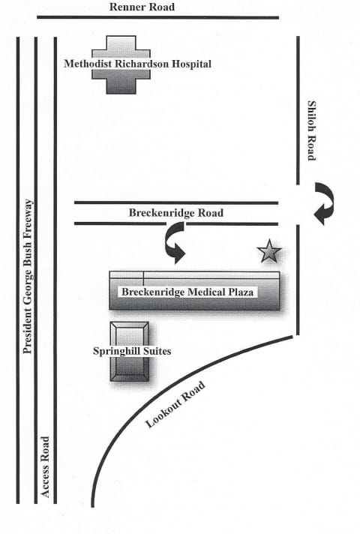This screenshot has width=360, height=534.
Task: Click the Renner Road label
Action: [x=142, y=7]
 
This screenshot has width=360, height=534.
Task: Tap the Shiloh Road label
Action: [x=312, y=130]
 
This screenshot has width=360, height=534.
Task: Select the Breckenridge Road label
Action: [x=176, y=213]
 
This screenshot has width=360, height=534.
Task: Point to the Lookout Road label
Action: [x=175, y=404]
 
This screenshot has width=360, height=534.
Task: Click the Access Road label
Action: [x=45, y=466]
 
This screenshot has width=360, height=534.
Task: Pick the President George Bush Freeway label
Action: [x=28, y=276]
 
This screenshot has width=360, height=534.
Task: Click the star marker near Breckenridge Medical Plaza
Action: [x=269, y=251]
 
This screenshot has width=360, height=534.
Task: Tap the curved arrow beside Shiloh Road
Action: [x=325, y=203]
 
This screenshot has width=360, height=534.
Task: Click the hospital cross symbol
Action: [x=121, y=64]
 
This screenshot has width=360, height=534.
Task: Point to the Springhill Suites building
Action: [x=130, y=352]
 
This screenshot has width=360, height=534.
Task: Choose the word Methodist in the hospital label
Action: [x=88, y=64]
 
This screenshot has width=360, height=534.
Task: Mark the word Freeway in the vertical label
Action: [x=28, y=217]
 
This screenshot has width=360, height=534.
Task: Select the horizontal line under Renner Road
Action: [x=157, y=17]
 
